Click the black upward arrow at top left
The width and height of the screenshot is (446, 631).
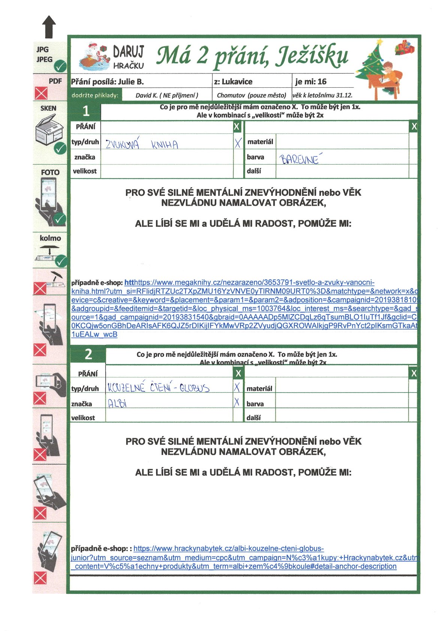click(49, 27)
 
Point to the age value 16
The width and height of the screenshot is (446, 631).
click(322, 82)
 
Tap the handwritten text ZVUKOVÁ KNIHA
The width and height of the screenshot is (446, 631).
click(142, 144)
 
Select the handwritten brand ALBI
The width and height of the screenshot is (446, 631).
click(117, 403)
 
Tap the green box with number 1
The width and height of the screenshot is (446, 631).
click(86, 111)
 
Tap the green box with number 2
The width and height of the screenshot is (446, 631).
click(88, 354)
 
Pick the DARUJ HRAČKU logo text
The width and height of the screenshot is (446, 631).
click(128, 57)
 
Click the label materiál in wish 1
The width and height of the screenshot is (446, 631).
click(260, 142)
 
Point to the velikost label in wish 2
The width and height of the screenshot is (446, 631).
click(83, 418)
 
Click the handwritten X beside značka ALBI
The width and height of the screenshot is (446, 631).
click(236, 403)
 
